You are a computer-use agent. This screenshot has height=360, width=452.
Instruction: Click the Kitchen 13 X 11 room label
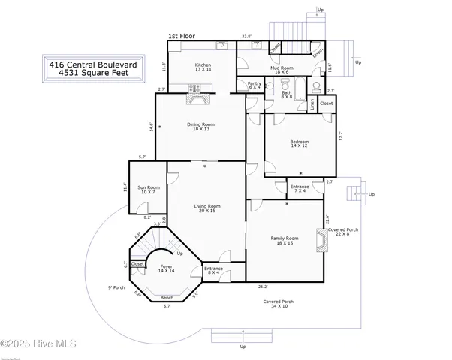[203, 67]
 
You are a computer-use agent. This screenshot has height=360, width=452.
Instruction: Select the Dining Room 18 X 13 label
[200, 127]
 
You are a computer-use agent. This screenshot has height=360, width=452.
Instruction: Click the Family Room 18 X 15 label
[285, 241]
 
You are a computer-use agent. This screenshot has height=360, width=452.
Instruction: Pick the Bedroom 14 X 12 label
[300, 144]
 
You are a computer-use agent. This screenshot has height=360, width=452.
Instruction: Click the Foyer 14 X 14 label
[166, 268]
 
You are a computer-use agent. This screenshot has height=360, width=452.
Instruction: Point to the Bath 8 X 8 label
[286, 94]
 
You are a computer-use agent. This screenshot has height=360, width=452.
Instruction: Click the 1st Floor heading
[182, 36]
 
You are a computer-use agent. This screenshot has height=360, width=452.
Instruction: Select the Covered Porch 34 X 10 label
[278, 304]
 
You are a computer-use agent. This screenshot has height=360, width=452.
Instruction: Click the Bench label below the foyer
[167, 298]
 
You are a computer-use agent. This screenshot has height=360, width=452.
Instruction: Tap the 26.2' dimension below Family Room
[263, 286]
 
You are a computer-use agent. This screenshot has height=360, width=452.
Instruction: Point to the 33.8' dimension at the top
[246, 36]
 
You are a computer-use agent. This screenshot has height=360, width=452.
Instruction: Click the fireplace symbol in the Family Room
[321, 241]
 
